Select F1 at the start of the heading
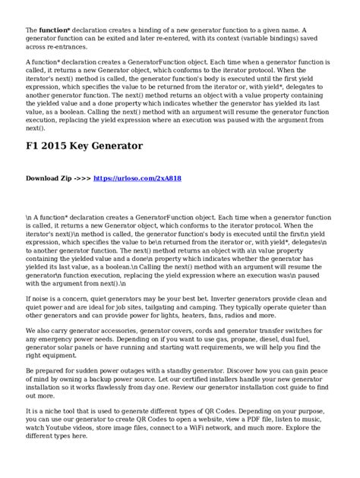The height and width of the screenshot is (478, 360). [x=33, y=147]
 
